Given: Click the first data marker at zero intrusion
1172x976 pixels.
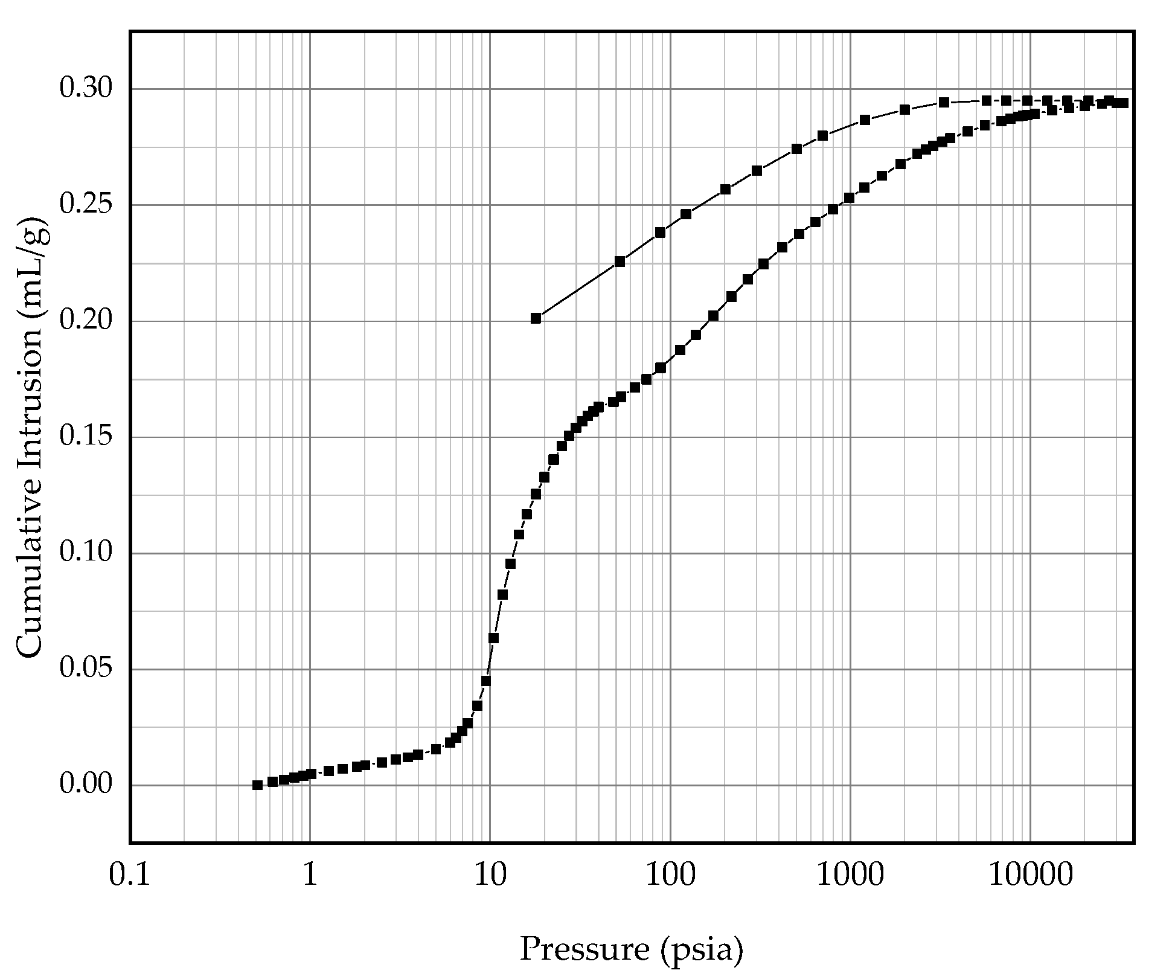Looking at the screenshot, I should [257, 785].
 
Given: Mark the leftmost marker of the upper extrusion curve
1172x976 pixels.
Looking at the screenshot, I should [536, 318].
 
